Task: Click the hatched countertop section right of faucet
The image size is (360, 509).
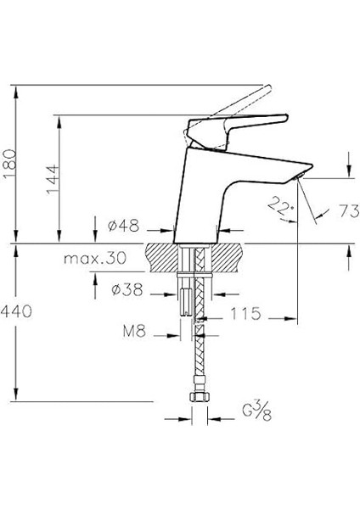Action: point(228,253)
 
